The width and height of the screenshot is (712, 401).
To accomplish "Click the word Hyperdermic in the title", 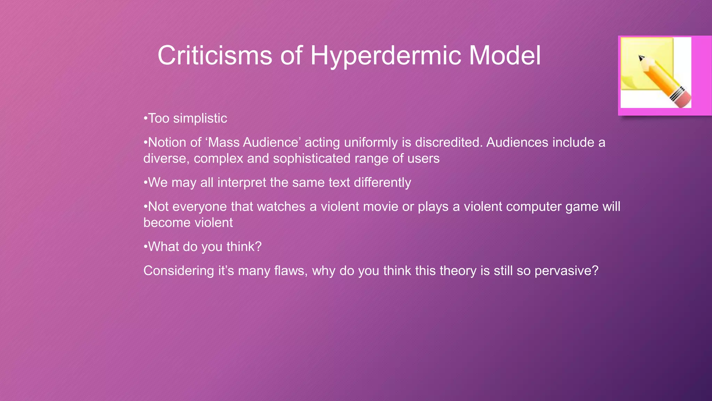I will pos(386,56).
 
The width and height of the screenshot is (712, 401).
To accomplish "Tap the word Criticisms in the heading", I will pos(215,56).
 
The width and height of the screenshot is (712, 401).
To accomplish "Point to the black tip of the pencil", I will pos(641,58).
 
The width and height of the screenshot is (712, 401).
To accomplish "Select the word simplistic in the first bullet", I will pos(200,118).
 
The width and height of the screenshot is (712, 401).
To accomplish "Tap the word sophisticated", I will pos(311,158).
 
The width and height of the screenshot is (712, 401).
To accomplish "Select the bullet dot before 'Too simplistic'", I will pos(146,119).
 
